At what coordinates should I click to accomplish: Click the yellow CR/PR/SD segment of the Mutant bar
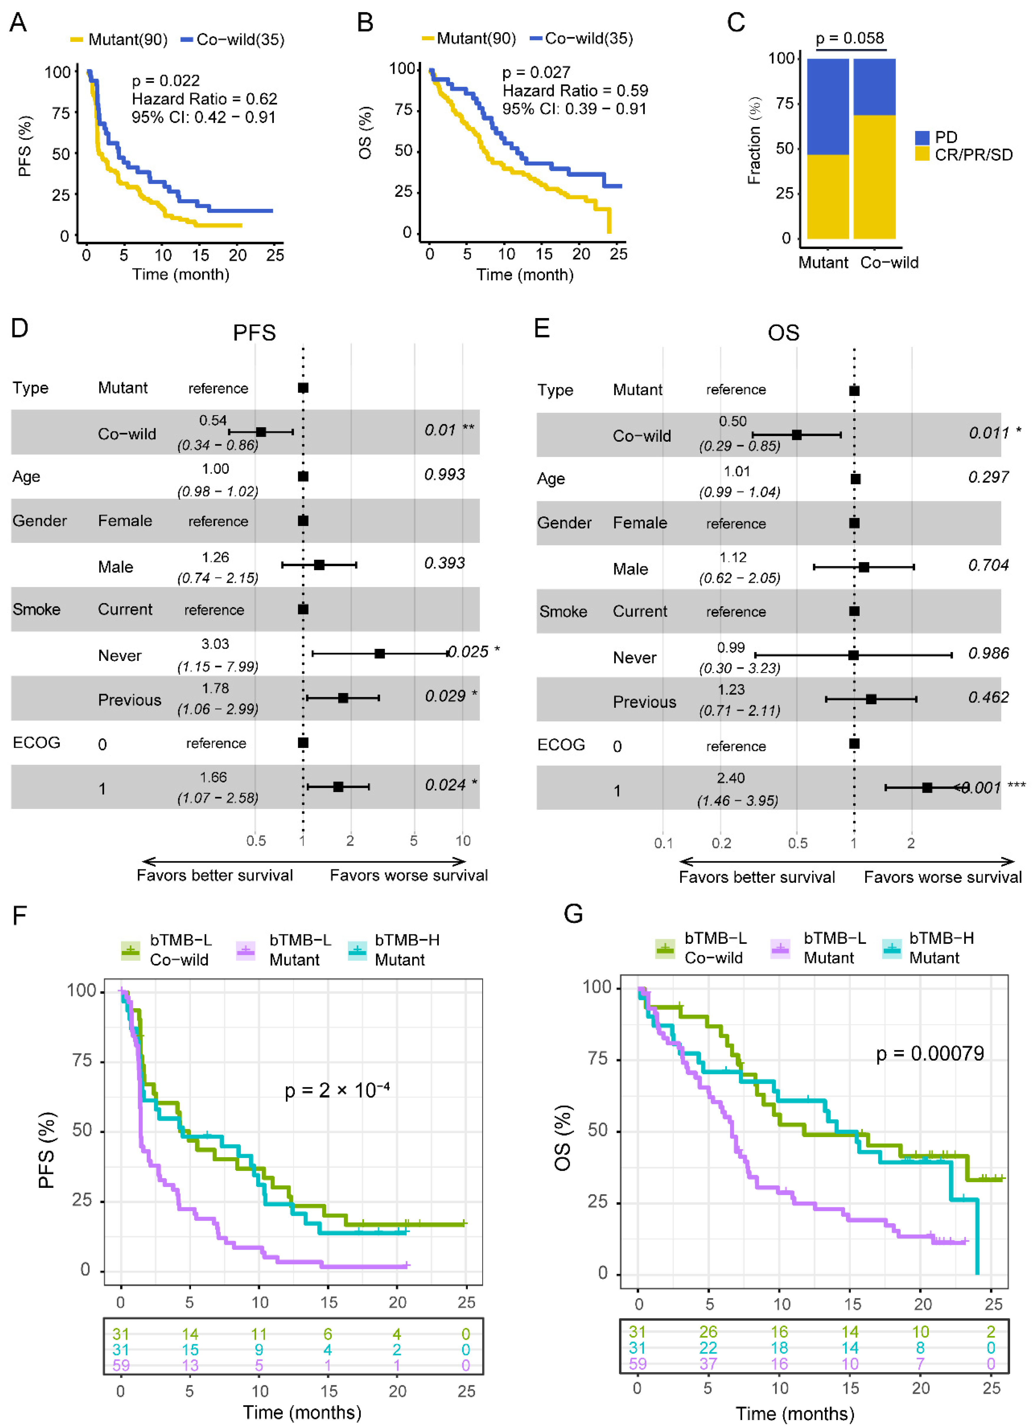tap(827, 196)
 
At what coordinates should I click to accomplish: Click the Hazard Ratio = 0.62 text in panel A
tap(204, 99)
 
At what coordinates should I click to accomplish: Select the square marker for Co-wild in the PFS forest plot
tap(261, 432)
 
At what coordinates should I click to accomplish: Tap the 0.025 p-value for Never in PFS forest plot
tap(468, 652)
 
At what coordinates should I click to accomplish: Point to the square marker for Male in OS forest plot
tap(864, 567)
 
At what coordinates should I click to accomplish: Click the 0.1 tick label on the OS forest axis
tap(663, 843)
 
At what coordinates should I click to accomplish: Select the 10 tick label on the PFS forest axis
tap(463, 841)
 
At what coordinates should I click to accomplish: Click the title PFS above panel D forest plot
tap(254, 333)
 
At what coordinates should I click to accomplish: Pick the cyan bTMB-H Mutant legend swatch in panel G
tap(892, 948)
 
